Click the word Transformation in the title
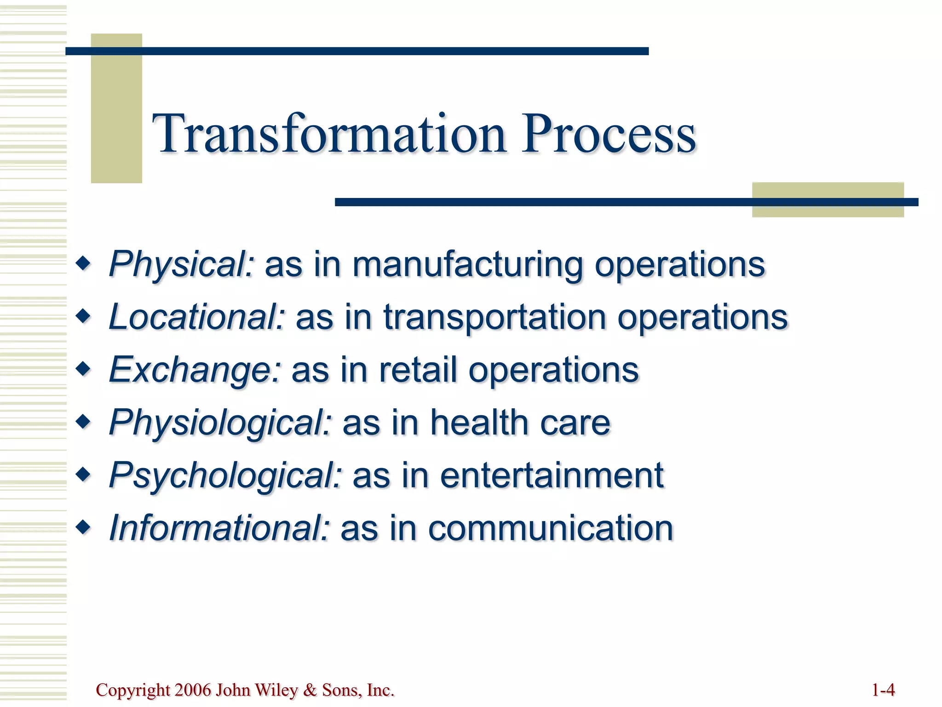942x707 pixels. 329,134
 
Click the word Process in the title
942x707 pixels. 608,134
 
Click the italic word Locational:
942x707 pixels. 197,317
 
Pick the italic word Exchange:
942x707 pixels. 195,370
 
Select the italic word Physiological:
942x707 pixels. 220,423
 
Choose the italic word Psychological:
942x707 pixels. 225,475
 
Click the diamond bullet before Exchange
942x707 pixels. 83,369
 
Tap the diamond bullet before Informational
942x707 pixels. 83,527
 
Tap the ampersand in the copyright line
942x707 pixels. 310,690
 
